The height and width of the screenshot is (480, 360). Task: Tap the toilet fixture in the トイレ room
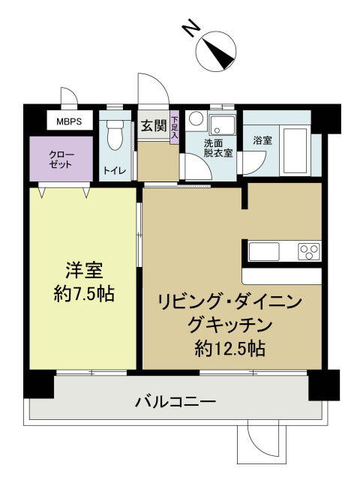tap(115, 135)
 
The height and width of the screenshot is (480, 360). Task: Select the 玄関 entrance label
tap(154, 125)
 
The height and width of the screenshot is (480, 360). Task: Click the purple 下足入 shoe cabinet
tap(175, 127)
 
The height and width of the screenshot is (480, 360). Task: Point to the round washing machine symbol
tap(196, 118)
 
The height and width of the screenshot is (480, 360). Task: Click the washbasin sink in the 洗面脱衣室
tap(222, 124)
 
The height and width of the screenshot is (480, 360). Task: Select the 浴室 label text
tap(262, 140)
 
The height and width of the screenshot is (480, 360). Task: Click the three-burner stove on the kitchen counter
tap(309, 251)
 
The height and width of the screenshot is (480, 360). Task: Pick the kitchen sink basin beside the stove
tap(264, 251)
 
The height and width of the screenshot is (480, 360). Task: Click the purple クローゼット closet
tap(61, 159)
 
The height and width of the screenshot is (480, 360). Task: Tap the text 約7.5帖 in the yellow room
tap(84, 294)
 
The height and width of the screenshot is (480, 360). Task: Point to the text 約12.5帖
tap(230, 348)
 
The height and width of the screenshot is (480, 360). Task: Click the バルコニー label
tap(175, 401)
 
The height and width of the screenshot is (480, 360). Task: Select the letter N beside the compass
tap(191, 28)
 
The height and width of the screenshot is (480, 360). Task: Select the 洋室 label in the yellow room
tap(84, 270)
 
